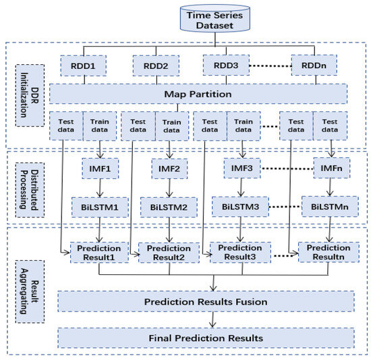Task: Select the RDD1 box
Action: click(84, 66)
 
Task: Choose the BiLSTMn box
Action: click(330, 206)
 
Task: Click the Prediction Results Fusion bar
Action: click(205, 301)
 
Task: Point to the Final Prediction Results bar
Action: click(205, 336)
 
